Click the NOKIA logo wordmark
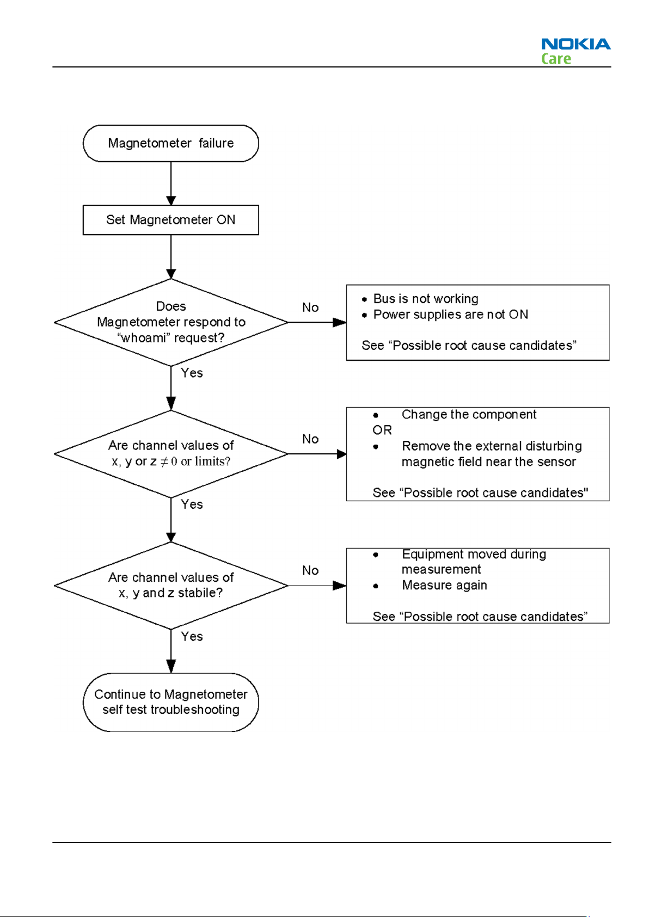click(575, 44)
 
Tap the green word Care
click(556, 59)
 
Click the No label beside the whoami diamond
click(310, 307)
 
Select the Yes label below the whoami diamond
click(192, 373)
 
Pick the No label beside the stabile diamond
click(310, 570)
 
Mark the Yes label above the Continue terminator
click(192, 637)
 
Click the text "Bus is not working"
click(426, 299)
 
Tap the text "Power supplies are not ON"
click(451, 315)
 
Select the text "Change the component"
click(469, 414)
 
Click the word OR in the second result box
click(382, 430)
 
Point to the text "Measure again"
click(444, 585)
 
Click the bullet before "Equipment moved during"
click(376, 555)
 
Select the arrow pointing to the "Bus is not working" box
click(317, 323)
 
